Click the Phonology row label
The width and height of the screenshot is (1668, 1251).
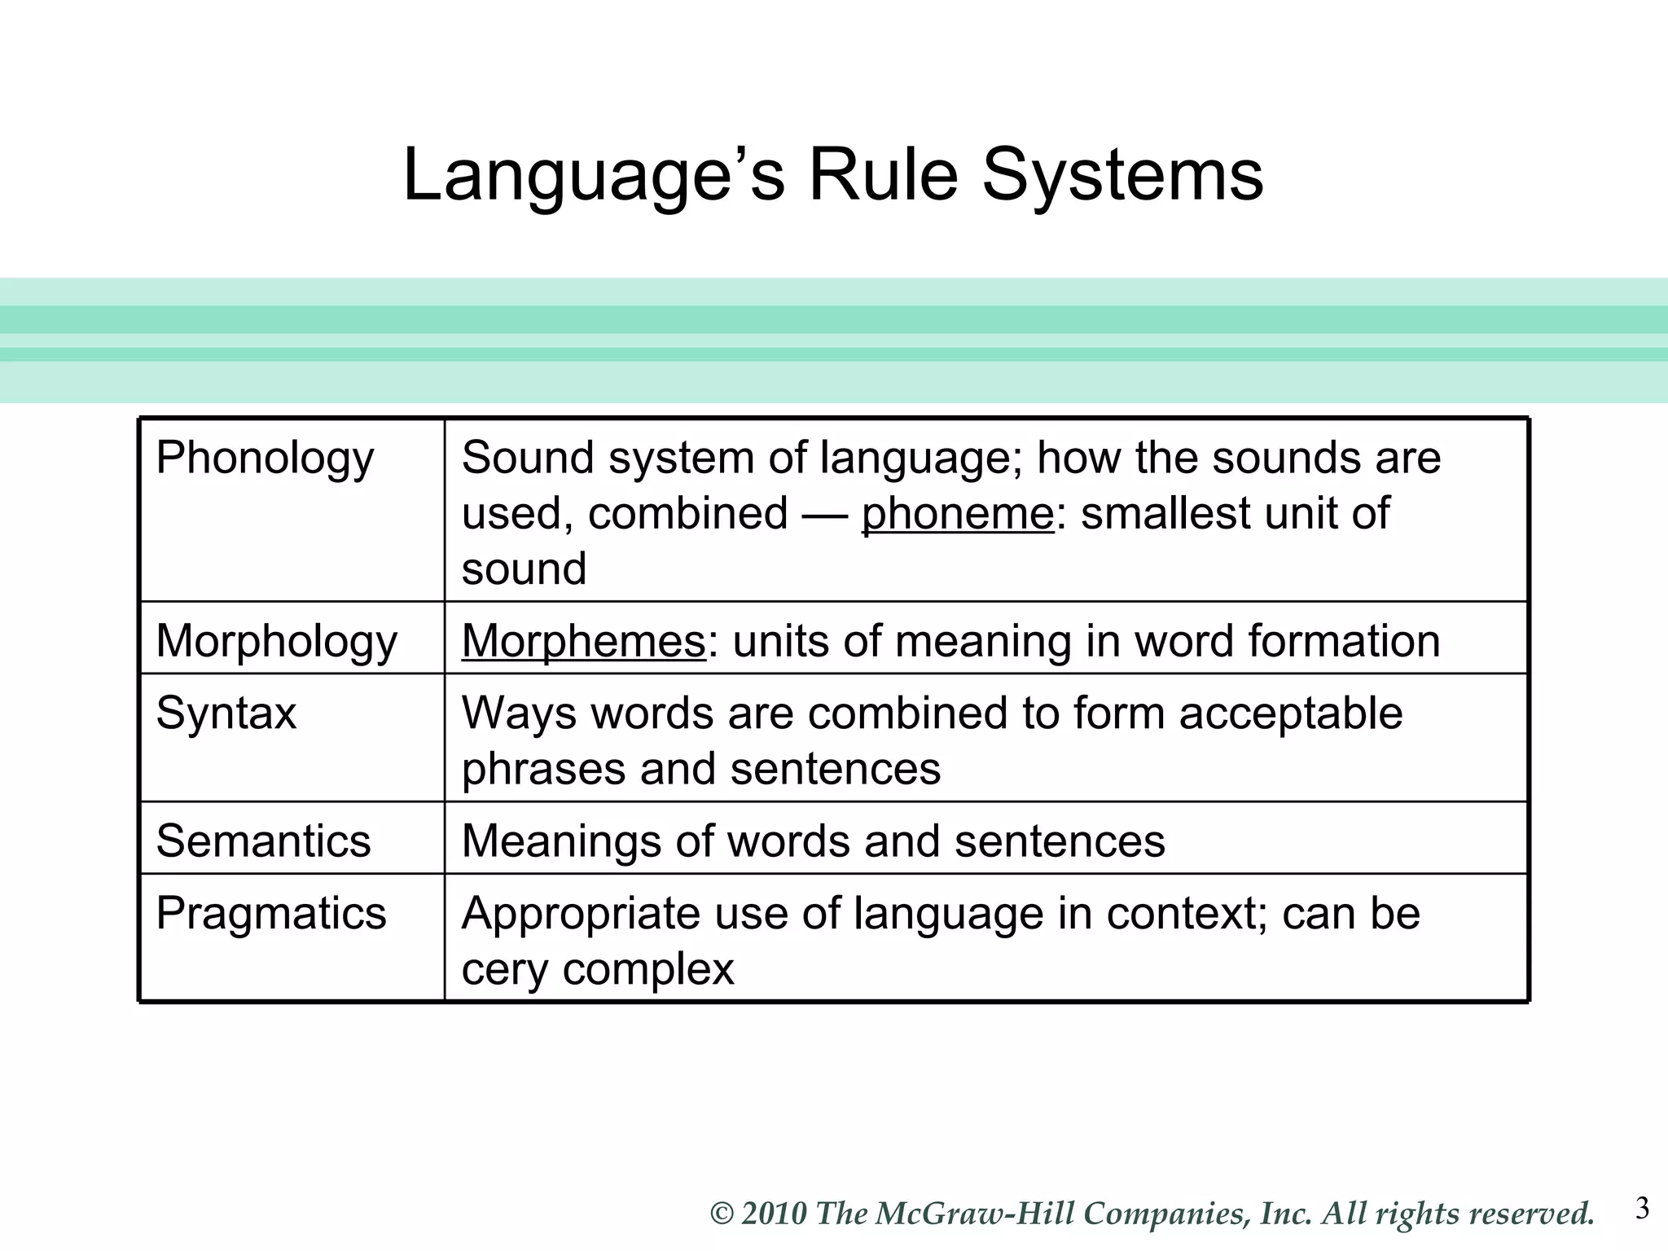click(x=265, y=459)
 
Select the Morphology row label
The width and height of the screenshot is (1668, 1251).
click(x=276, y=642)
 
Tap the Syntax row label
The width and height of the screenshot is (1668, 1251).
click(x=226, y=713)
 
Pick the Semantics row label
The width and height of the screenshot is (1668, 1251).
click(x=263, y=841)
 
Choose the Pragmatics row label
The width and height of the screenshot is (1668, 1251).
click(x=270, y=913)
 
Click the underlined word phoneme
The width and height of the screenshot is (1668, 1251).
click(x=958, y=515)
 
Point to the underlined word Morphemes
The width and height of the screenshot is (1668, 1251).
click(x=583, y=642)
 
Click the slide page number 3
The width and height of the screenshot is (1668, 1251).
click(x=1642, y=1209)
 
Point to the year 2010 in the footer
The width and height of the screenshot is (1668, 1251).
click(x=774, y=1214)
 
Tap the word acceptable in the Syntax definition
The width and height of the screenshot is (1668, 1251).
click(x=1291, y=713)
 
